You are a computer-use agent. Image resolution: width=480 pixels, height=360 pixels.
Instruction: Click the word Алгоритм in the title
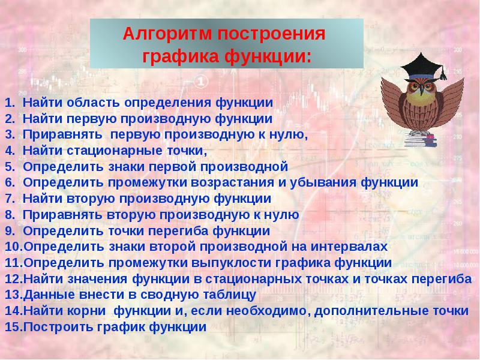tap(167, 34)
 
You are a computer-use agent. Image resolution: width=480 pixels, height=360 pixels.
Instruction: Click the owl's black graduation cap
tap(422, 67)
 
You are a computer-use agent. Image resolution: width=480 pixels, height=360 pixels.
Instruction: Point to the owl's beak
tap(422, 91)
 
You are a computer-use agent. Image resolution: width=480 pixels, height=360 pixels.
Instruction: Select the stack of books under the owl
tap(421, 139)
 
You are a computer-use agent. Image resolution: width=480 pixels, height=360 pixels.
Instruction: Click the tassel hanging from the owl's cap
tap(443, 73)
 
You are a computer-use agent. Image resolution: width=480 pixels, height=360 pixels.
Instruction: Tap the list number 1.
tap(10, 103)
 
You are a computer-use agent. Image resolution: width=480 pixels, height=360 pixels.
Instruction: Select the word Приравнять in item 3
tap(62, 134)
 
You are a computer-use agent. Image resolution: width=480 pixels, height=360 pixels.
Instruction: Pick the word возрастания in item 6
tap(233, 183)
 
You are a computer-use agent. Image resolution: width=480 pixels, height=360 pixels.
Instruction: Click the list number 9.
tap(10, 231)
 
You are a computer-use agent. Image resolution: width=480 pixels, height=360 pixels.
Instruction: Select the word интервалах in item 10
tap(349, 247)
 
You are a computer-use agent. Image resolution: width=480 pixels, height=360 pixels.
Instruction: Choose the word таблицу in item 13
tap(229, 295)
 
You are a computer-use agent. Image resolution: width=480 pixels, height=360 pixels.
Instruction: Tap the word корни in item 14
tap(86, 311)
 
